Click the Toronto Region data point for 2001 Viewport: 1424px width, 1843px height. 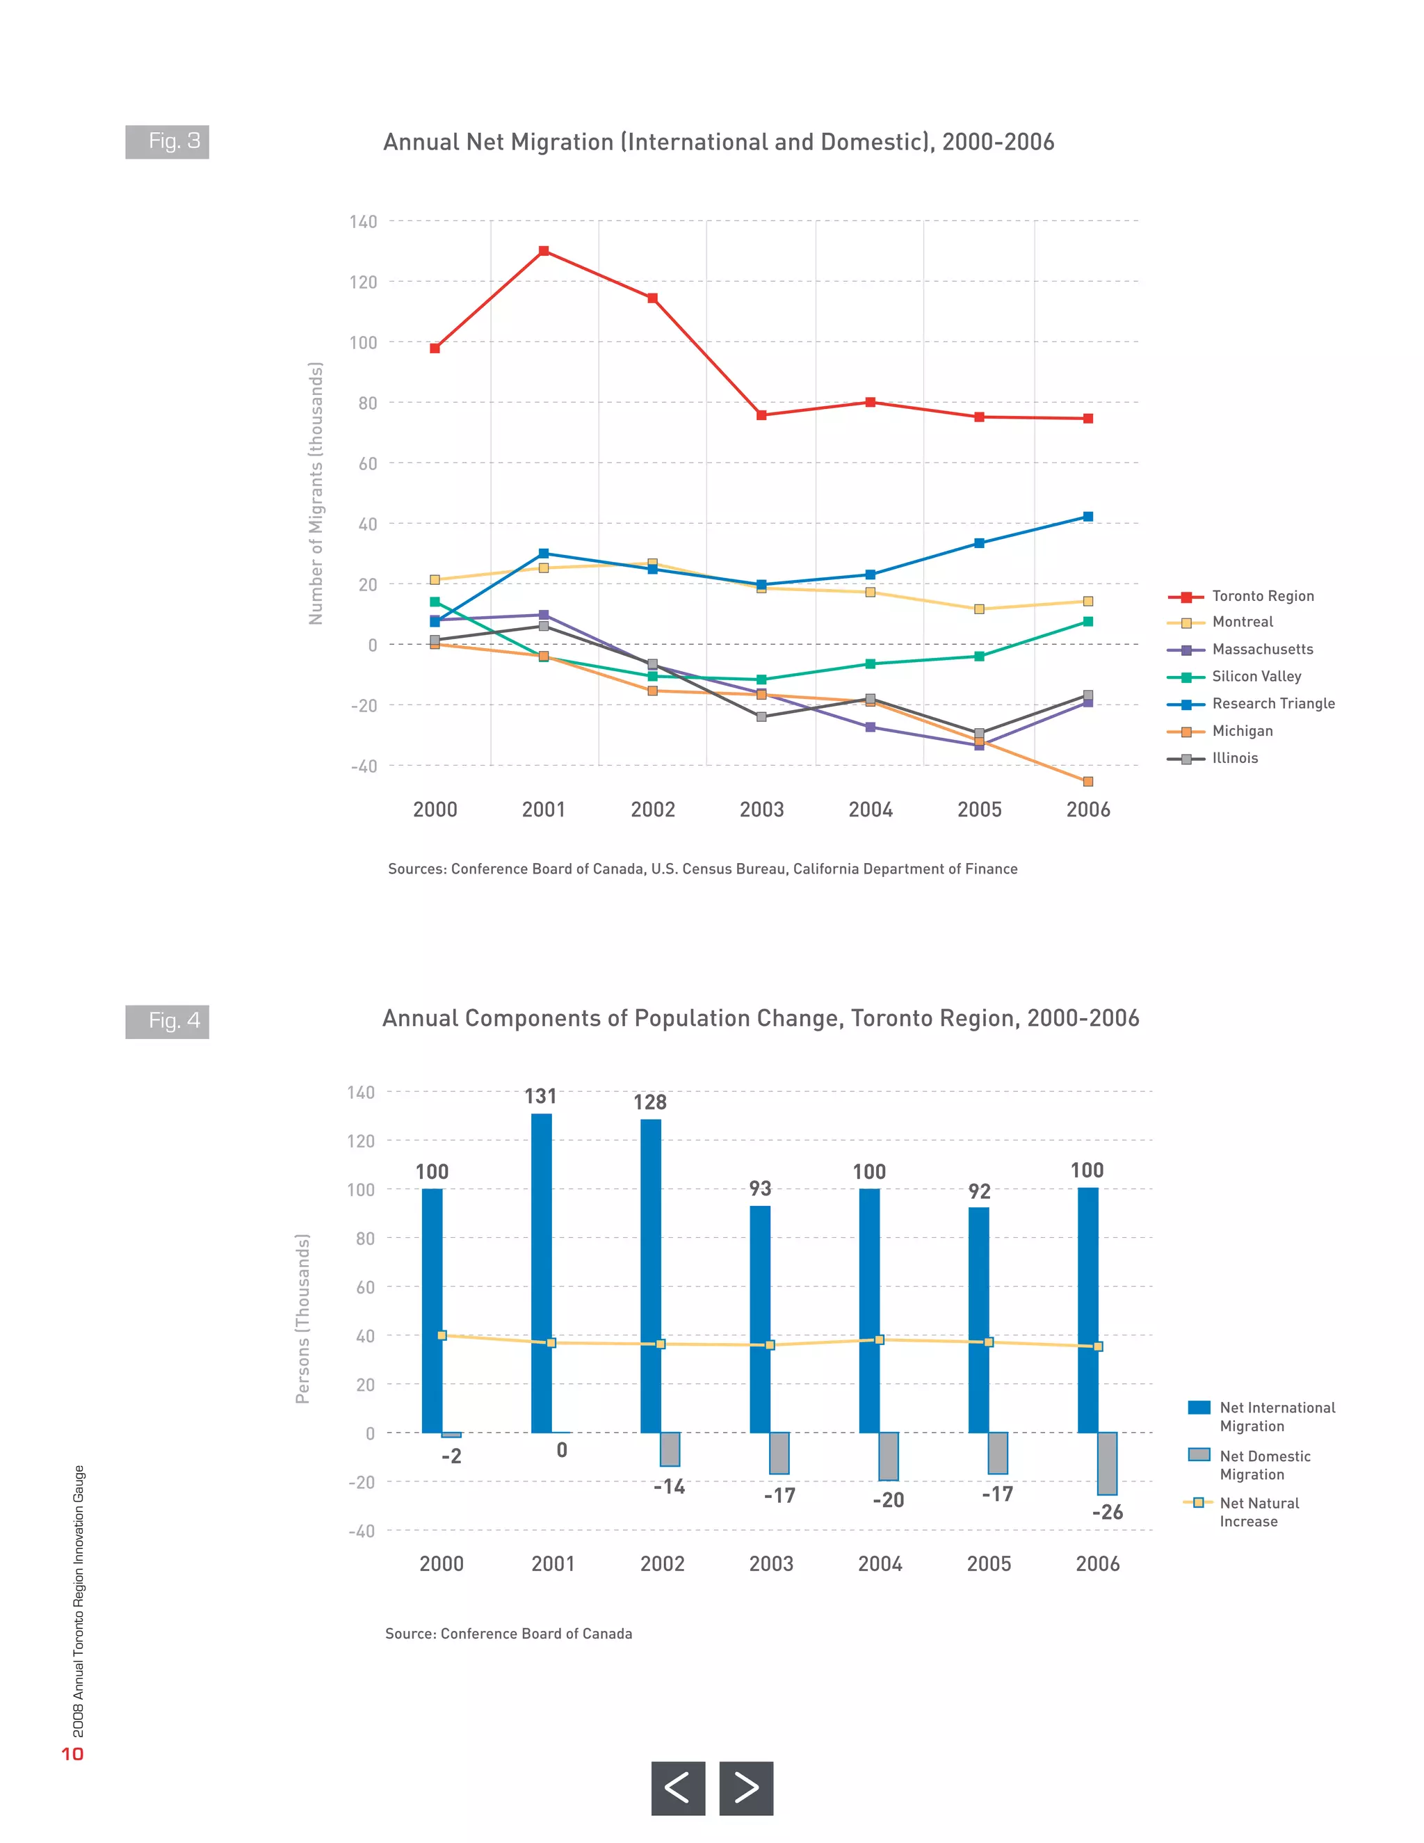[x=543, y=250]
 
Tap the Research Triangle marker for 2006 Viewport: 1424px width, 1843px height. [x=1087, y=517]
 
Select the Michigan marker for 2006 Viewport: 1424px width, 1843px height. [x=1087, y=782]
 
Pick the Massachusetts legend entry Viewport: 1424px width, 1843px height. [x=1261, y=650]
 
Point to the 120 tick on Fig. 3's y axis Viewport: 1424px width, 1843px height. [x=364, y=282]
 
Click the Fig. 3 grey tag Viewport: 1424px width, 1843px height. [x=167, y=142]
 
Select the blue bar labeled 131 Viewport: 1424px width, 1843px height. [x=542, y=1273]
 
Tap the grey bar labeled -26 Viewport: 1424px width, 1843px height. [x=1107, y=1463]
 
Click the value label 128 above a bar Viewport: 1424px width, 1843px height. [x=649, y=1103]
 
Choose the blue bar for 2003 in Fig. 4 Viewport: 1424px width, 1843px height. [x=759, y=1319]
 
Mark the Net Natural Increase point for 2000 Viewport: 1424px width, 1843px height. [x=442, y=1336]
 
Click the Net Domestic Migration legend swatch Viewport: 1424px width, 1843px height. [x=1199, y=1455]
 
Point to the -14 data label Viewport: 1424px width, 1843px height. [x=669, y=1487]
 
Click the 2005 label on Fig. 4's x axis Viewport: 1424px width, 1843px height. [x=989, y=1563]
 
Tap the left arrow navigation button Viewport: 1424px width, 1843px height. [x=677, y=1788]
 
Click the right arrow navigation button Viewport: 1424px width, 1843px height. [x=746, y=1788]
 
